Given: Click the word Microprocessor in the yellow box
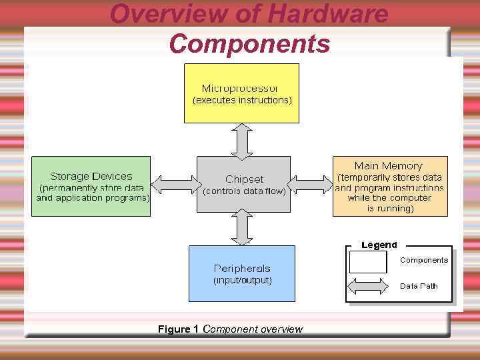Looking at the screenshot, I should point(241,88).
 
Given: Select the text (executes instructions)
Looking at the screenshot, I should point(242,101).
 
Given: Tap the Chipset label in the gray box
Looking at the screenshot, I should point(244,179).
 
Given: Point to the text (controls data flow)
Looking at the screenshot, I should point(244,191).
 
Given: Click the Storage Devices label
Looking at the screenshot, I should point(91,177).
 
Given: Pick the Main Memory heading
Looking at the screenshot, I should point(388,165).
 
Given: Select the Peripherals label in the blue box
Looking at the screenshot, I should point(242,268).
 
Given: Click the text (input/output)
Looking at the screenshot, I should point(242,281).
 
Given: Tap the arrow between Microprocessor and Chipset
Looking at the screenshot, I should point(243,140).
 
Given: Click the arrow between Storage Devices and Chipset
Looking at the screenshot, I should point(174,183).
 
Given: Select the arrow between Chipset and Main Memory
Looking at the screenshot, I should point(312,183).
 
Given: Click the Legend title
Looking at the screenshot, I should point(379,245).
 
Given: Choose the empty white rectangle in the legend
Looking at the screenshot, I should point(368,262).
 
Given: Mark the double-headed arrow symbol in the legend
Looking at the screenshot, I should point(368,286).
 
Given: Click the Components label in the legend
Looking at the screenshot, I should point(424,260).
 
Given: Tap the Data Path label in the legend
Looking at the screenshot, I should point(419,286).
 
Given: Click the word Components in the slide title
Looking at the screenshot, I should point(249,44).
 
